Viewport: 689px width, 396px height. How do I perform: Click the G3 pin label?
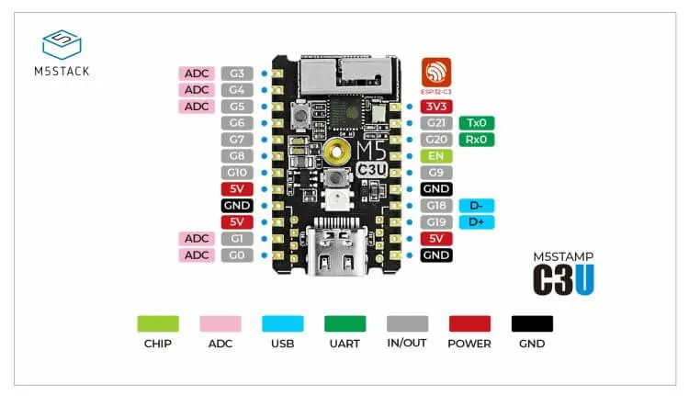pos(237,73)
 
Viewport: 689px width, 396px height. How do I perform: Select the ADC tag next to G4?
pos(197,89)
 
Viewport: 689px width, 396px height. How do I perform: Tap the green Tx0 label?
pos(477,123)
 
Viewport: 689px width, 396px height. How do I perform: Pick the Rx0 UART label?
pos(477,140)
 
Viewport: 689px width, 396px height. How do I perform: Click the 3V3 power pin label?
pos(435,107)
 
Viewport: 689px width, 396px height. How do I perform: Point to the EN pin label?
pos(435,156)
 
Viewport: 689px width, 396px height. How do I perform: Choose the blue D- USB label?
pos(477,206)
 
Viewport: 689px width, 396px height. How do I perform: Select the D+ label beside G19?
pos(477,222)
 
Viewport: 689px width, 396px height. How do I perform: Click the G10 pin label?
pos(237,173)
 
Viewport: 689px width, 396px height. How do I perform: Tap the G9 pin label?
pos(435,173)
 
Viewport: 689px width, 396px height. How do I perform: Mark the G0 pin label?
pos(237,255)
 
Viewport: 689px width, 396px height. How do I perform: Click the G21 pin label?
pos(435,123)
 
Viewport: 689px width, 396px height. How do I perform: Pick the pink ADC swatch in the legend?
pos(220,324)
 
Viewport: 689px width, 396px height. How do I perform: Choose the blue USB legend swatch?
pos(282,324)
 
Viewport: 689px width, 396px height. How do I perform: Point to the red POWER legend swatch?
pos(469,324)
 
